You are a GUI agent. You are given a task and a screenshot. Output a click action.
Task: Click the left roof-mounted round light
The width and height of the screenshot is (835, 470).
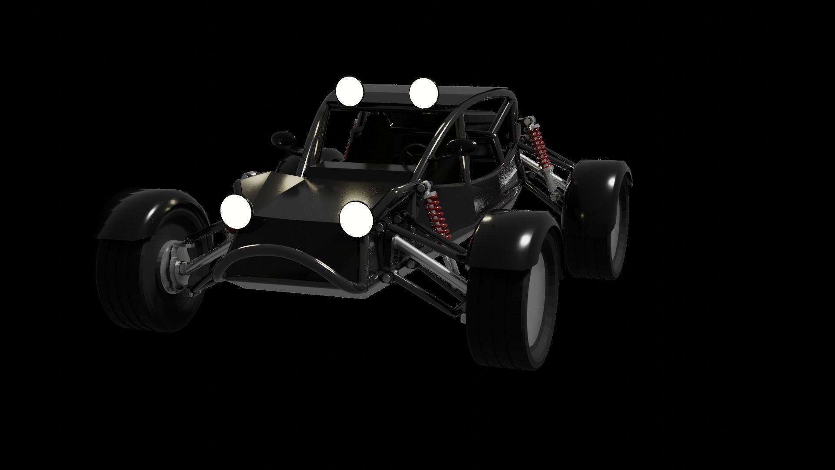click(349, 91)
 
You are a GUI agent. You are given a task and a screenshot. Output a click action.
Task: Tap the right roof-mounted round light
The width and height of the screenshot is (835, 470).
click(424, 93)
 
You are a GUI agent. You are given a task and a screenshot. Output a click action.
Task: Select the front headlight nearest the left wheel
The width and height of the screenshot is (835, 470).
click(236, 211)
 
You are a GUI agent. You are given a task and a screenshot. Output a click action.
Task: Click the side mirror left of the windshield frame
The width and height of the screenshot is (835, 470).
click(283, 139)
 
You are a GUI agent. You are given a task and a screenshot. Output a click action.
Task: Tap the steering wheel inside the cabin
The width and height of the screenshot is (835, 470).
click(411, 152)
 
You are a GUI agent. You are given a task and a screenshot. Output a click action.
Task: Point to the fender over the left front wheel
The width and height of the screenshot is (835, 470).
click(144, 209)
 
